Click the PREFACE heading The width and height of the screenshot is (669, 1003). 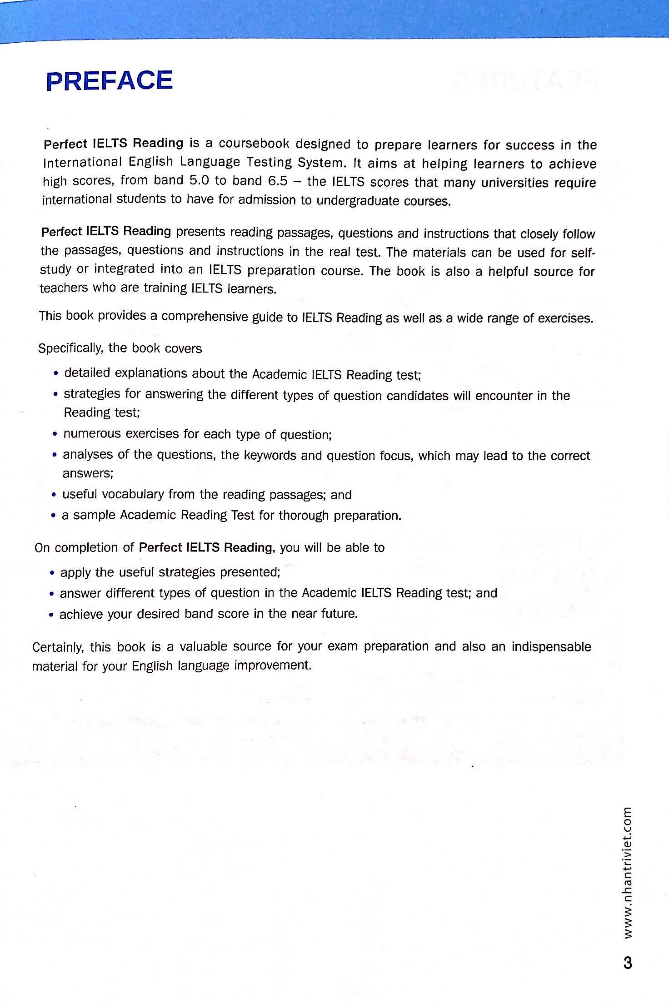pos(110,81)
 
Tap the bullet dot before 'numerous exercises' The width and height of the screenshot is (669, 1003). pos(55,435)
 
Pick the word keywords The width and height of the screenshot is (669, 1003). pos(270,455)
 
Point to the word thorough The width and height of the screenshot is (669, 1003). pos(304,516)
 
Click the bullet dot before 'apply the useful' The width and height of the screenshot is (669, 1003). pos(52,573)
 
